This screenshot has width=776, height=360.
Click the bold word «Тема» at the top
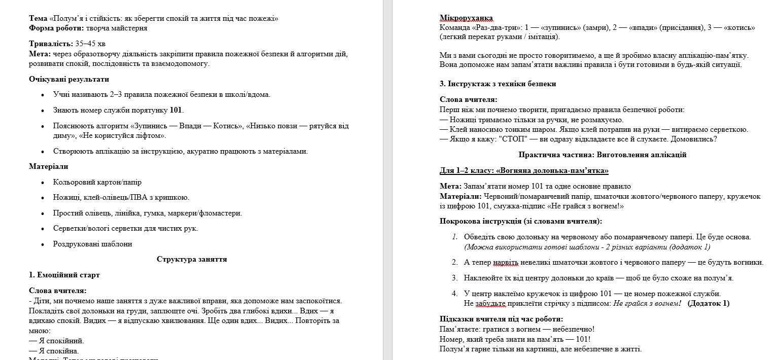tap(38, 19)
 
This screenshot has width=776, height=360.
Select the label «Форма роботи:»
tap(56, 28)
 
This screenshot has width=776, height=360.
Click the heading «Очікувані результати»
tap(68, 79)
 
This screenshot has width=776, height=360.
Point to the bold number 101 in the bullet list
tap(175, 110)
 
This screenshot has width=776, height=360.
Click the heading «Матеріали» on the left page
tap(49, 166)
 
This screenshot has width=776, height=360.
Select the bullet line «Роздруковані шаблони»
tap(92, 244)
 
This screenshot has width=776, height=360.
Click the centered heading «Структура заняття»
tap(192, 259)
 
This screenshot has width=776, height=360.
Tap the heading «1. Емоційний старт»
tap(64, 275)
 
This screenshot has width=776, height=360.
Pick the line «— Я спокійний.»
tap(56, 341)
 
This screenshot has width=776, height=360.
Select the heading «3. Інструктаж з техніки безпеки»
tap(498, 84)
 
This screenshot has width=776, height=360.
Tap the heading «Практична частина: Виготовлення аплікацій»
tap(603, 155)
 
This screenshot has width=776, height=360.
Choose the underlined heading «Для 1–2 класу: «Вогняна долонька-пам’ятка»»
tap(524, 170)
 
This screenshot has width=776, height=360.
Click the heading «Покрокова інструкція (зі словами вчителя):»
tap(521, 221)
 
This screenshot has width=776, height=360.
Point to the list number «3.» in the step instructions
tap(454, 278)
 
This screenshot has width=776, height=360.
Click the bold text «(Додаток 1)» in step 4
tap(708, 303)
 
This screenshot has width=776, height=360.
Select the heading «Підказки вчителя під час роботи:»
tap(501, 319)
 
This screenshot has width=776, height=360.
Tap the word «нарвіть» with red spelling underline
tap(506, 262)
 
